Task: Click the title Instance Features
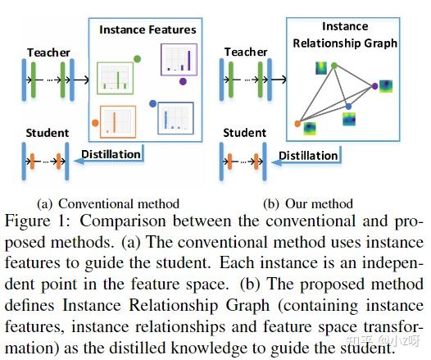147,30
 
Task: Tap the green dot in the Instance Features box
137,59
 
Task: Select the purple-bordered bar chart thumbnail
179,59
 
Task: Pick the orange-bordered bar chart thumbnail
118,121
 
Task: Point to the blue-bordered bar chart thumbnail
175,118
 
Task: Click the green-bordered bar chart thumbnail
115,78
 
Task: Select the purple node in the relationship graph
374,86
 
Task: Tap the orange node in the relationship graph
297,124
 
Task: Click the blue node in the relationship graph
348,107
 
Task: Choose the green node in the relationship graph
334,66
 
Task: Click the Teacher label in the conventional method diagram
48,52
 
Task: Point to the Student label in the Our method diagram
244,133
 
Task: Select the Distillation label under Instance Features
111,154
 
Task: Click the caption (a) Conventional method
108,204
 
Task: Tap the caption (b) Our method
308,204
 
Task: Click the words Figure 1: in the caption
38,221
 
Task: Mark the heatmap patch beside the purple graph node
386,86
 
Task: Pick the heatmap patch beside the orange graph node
311,129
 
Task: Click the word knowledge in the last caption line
209,348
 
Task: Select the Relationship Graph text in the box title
345,43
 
